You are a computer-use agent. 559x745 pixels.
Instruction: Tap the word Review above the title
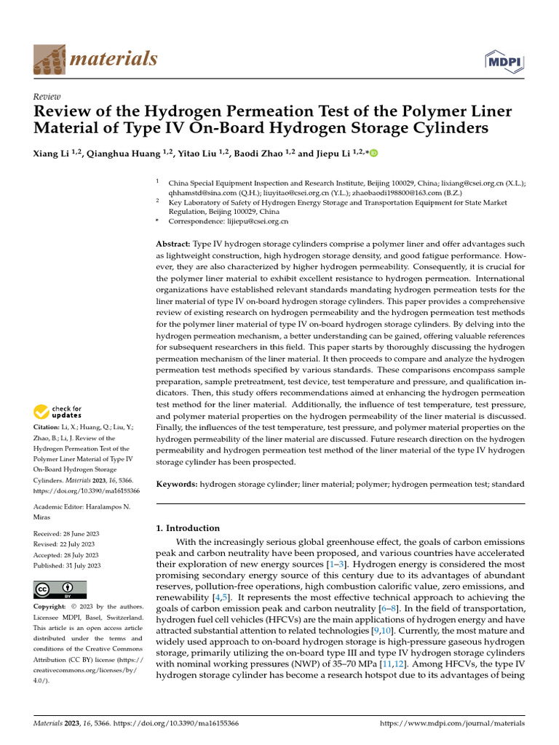[x=47, y=97]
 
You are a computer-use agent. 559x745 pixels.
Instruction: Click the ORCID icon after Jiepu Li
[x=375, y=154]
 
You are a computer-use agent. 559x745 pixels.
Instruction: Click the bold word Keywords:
[x=177, y=484]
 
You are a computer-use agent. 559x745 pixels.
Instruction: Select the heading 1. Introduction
[x=188, y=528]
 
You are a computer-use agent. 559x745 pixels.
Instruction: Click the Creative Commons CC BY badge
[x=60, y=589]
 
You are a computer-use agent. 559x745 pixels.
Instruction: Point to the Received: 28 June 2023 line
[x=67, y=533]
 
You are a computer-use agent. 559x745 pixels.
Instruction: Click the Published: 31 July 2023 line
[x=67, y=565]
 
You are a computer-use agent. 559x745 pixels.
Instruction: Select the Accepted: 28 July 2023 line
[x=67, y=554]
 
